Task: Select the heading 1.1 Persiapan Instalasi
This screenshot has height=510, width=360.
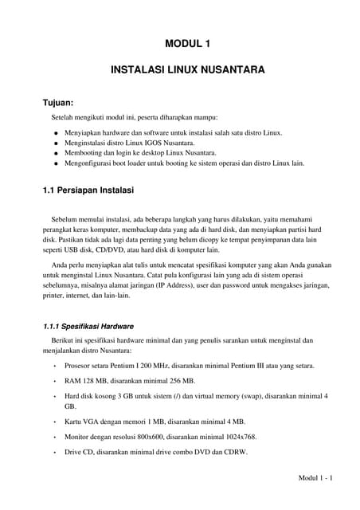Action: coord(88,191)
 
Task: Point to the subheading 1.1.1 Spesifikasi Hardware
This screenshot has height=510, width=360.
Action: coord(88,326)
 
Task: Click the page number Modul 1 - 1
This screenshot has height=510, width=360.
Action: coord(315,477)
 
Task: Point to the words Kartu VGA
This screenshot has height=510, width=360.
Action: coord(84,421)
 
